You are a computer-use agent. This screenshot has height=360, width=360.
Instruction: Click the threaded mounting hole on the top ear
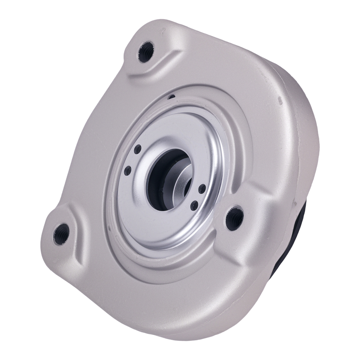point(146,51)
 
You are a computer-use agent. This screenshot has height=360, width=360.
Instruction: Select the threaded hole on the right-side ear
point(234,217)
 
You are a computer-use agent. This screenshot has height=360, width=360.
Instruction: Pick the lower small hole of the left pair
point(127,171)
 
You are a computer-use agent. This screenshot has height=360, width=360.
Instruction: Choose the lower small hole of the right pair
point(194,206)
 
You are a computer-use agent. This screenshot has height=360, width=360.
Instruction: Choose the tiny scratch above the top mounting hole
point(164,31)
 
